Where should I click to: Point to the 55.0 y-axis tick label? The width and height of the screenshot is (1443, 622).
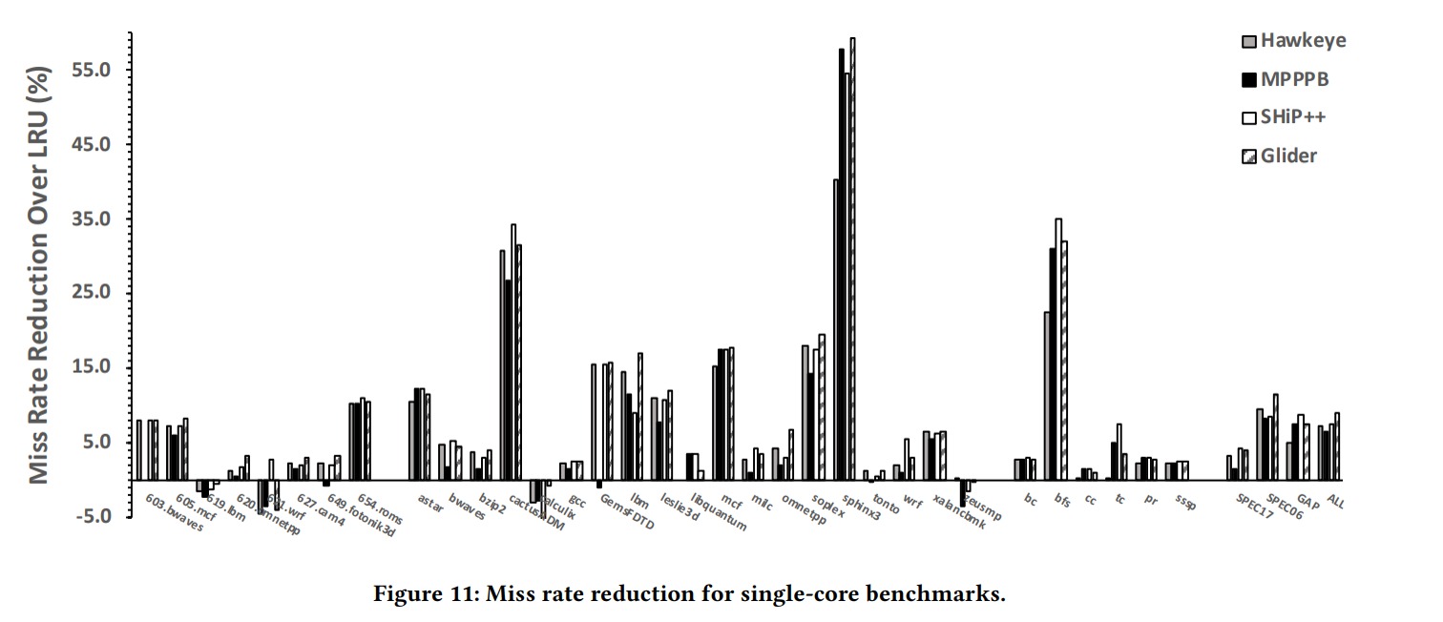click(94, 71)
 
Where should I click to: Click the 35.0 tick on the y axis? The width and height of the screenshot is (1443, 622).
click(94, 219)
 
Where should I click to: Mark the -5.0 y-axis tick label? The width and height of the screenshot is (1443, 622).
click(95, 516)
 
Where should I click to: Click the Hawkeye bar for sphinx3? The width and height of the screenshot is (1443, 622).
click(836, 329)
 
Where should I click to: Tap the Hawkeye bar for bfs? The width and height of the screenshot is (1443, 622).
click(1047, 395)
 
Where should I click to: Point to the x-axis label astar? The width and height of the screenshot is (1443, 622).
click(430, 503)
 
